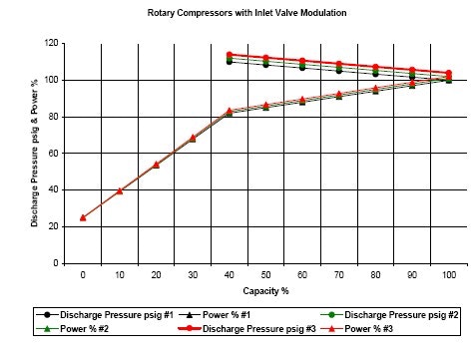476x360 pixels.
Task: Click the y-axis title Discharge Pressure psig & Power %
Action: pos(34,155)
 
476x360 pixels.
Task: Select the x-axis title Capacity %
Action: pos(265,292)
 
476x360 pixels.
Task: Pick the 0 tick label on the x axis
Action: pos(83,272)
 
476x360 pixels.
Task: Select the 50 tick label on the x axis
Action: pos(265,272)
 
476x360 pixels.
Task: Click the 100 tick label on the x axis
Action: pos(448,272)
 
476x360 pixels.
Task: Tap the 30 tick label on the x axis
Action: pos(193,272)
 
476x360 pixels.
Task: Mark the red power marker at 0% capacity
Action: pos(83,217)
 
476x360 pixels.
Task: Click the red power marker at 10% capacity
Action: pos(120,190)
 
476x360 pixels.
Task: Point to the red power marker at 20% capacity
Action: pos(156,165)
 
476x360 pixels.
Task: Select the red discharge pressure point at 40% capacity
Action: pos(230,55)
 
